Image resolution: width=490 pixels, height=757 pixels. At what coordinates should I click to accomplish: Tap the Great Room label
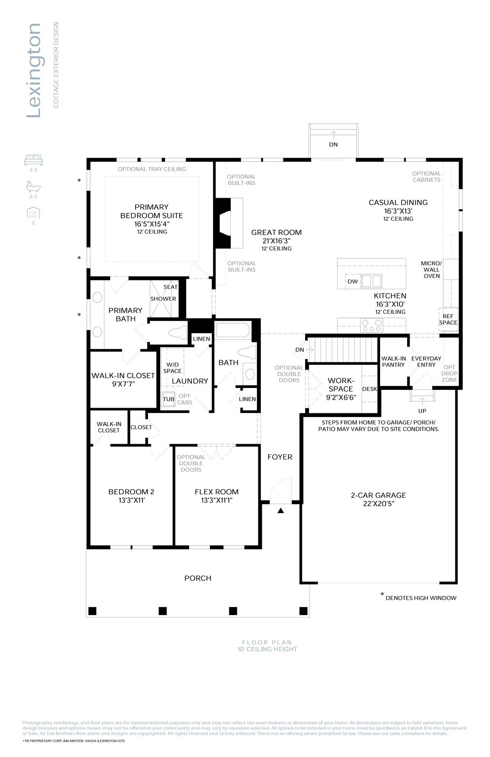pyautogui.click(x=276, y=233)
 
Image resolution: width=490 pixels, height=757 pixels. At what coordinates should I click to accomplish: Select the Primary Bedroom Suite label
pyautogui.click(x=151, y=211)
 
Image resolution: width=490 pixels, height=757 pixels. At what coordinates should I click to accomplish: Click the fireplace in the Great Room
pyautogui.click(x=224, y=223)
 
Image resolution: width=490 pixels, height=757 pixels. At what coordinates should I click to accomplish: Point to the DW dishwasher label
pyautogui.click(x=352, y=282)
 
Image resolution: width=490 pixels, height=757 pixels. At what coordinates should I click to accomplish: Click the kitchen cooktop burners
pyautogui.click(x=372, y=325)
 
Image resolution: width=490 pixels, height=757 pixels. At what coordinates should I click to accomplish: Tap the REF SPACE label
pyautogui.click(x=448, y=319)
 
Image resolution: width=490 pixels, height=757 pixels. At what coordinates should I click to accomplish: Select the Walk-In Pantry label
pyautogui.click(x=393, y=362)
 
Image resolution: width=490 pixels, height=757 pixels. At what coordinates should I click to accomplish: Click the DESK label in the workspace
pyautogui.click(x=369, y=389)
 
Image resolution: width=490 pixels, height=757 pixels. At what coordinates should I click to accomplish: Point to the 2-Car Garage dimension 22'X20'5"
pyautogui.click(x=378, y=504)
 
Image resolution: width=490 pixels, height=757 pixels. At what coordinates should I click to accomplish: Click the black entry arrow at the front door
pyautogui.click(x=280, y=511)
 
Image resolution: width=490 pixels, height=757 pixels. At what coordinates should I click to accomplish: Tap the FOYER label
pyautogui.click(x=280, y=457)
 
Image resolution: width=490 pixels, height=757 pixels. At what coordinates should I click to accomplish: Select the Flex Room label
pyautogui.click(x=216, y=492)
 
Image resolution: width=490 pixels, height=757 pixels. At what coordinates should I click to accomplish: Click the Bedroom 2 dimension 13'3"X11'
pyautogui.click(x=131, y=500)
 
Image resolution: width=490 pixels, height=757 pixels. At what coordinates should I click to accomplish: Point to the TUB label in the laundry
pyautogui.click(x=169, y=399)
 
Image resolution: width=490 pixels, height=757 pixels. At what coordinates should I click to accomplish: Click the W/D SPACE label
pyautogui.click(x=173, y=368)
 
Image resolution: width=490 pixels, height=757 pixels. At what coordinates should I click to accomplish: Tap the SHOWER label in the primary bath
pyautogui.click(x=163, y=299)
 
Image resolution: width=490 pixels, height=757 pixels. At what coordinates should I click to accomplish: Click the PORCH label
pyautogui.click(x=198, y=578)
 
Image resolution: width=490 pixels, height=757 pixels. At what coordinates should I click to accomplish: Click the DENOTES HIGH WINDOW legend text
pyautogui.click(x=420, y=598)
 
